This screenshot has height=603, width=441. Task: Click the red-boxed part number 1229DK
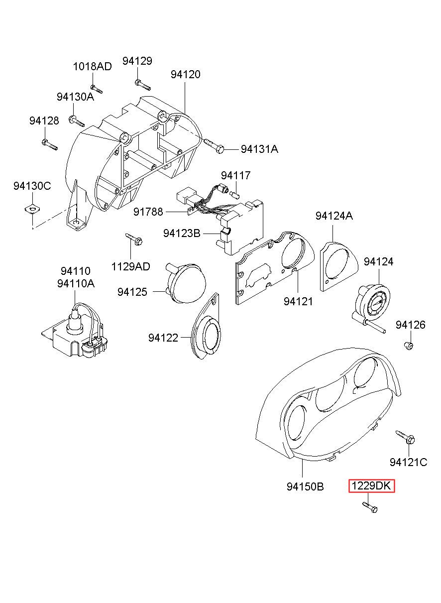371,486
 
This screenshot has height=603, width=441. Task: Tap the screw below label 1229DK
370,507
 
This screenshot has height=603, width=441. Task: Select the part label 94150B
305,486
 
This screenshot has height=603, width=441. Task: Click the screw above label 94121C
406,437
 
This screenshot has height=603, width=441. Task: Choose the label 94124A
333,216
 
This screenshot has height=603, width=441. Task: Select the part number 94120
185,74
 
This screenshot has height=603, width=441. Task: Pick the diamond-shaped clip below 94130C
32,207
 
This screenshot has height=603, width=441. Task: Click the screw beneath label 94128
49,144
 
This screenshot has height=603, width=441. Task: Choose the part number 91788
148,212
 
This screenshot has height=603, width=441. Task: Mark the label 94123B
182,233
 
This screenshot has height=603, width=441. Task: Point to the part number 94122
163,338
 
